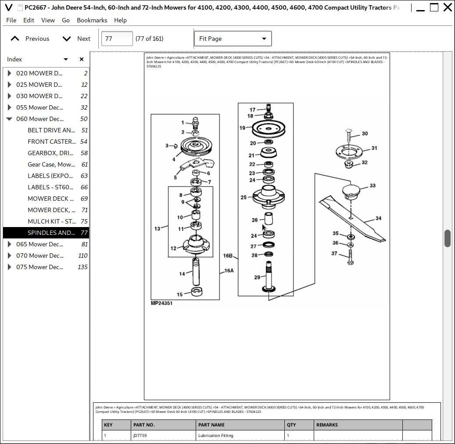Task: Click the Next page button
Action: [76, 39]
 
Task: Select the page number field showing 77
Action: [117, 39]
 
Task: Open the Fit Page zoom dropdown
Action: [233, 39]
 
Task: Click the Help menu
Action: [120, 20]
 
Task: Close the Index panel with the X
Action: [82, 59]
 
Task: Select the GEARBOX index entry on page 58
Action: [51, 153]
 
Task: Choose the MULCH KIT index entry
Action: [51, 221]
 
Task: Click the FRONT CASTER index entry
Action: [51, 142]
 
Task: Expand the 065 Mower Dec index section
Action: [9, 244]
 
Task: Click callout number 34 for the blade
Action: [378, 218]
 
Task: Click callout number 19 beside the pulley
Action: [242, 128]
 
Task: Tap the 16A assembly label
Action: [229, 271]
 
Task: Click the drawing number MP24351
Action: [161, 303]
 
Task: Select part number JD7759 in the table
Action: [140, 436]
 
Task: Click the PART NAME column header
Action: [211, 425]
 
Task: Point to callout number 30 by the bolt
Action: [365, 134]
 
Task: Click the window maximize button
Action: [434, 7]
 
